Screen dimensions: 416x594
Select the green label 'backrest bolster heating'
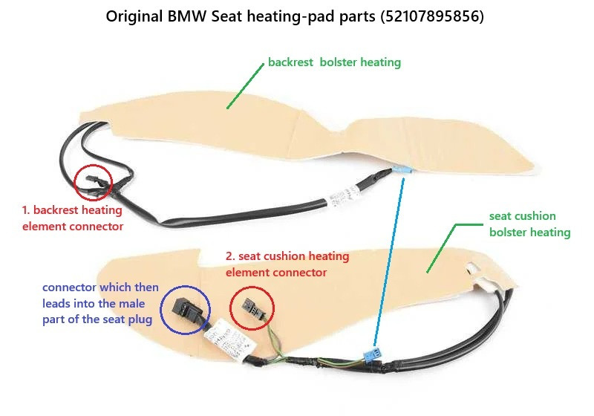pos(335,62)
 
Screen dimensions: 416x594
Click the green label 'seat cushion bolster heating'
pos(529,224)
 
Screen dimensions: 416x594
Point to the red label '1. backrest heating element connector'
pos(73,219)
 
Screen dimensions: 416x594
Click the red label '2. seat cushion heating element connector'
pos(287,264)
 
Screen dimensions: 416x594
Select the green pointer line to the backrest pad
pos(245,86)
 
